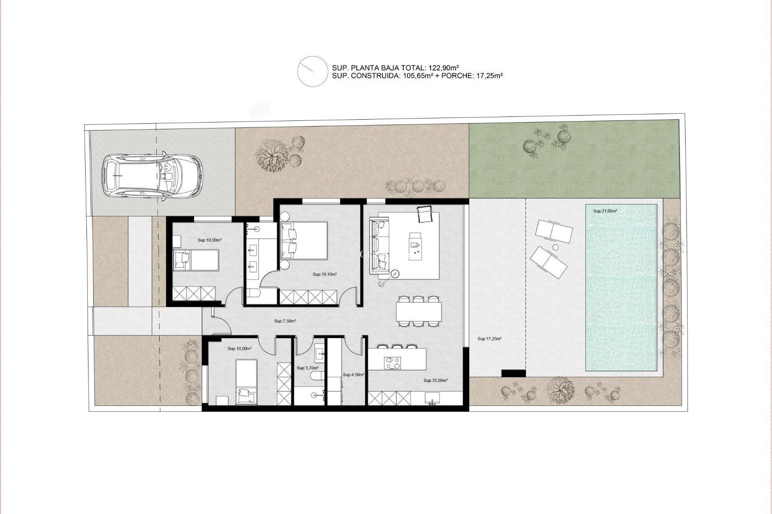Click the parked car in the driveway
click(x=152, y=175)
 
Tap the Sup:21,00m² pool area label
click(x=605, y=211)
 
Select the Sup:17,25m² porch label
click(x=489, y=339)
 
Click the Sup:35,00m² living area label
click(x=435, y=380)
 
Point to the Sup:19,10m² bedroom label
click(x=324, y=275)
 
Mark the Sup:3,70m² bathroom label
click(x=308, y=368)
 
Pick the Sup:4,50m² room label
click(x=353, y=375)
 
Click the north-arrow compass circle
click(x=312, y=71)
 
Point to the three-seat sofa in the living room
click(x=380, y=245)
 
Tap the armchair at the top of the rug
click(x=425, y=214)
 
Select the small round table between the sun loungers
click(x=556, y=247)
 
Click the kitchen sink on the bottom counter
click(x=433, y=398)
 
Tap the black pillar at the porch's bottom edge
click(x=513, y=373)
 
